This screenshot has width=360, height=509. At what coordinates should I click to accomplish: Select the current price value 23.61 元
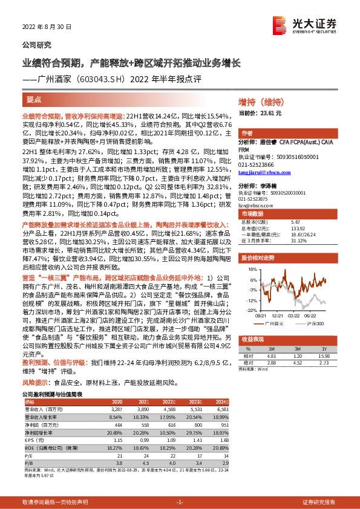(x=269, y=113)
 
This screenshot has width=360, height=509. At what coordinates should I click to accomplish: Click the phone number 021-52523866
(x=256, y=164)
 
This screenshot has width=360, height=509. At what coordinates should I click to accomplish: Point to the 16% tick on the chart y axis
(x=251, y=269)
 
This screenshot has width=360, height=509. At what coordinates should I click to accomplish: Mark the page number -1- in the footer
(x=180, y=502)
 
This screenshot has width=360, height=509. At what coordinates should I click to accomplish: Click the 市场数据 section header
(x=253, y=214)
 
